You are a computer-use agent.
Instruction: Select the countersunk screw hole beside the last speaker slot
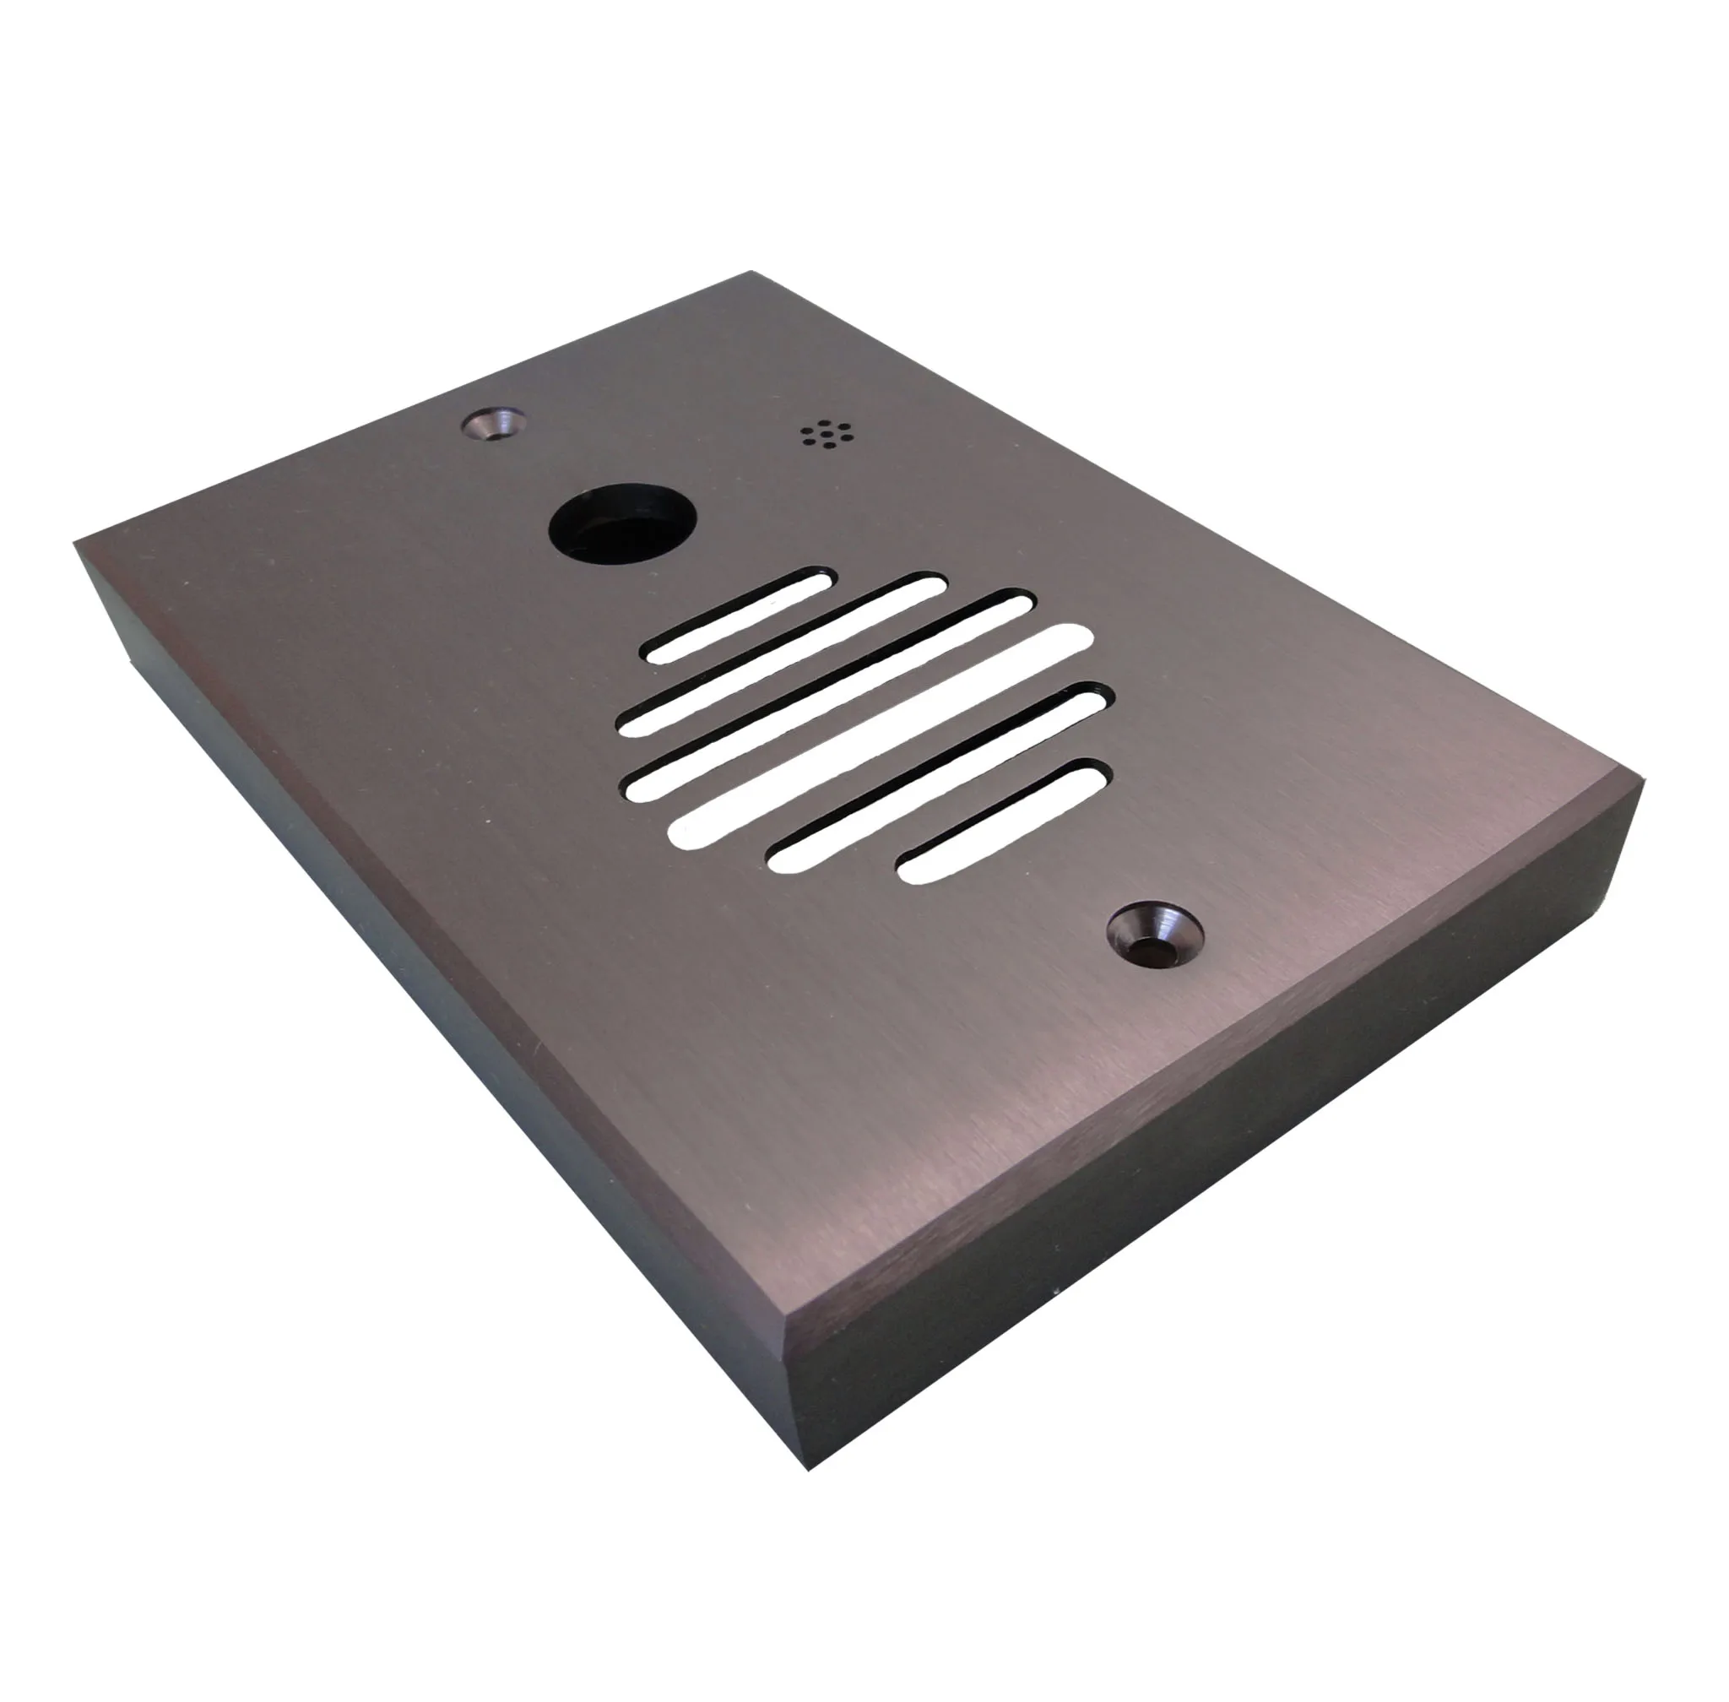(1153, 934)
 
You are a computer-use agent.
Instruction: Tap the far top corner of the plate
(749, 274)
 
